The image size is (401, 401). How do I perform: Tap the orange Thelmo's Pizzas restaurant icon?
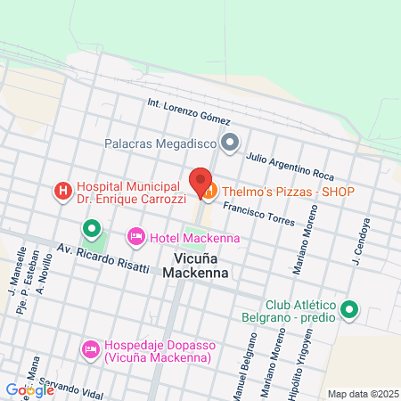(209, 191)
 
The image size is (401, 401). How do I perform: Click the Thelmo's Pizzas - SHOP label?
(288, 192)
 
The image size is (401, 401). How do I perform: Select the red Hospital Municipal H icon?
(62, 191)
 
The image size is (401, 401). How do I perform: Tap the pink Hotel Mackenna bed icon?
(135, 236)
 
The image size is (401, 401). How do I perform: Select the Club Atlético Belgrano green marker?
(350, 310)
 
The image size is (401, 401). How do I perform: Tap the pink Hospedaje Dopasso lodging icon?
(90, 349)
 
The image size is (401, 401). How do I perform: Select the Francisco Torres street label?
(258, 213)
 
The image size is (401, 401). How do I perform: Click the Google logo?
(29, 389)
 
